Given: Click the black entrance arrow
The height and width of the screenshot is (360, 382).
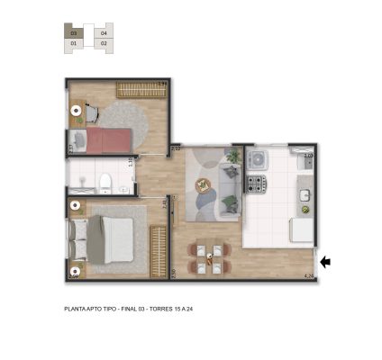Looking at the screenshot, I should [326, 262].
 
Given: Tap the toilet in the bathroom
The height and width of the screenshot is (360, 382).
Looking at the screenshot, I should [105, 184].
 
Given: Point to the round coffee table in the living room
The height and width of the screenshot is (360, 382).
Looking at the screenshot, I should [202, 186].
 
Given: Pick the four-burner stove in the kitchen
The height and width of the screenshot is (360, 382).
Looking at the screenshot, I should [256, 184].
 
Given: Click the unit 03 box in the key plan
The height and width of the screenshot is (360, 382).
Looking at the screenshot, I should [74, 32].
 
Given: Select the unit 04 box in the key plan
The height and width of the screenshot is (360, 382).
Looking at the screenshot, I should [104, 32].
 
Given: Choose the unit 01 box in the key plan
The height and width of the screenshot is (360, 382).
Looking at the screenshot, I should [74, 42].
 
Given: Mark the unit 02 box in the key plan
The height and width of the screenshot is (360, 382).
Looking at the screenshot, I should [104, 42].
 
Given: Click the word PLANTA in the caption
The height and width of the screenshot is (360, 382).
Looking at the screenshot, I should [76, 308].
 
